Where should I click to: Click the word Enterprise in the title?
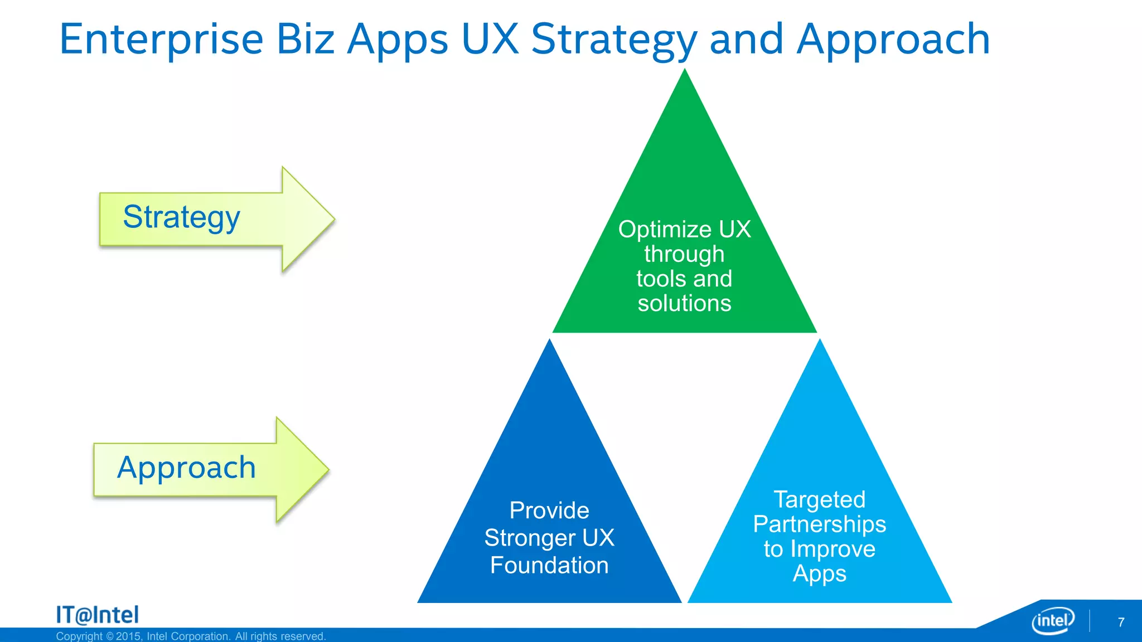coord(161,40)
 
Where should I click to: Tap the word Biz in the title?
coord(305,40)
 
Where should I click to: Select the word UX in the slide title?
coord(490,40)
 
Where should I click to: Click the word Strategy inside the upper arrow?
coord(181,217)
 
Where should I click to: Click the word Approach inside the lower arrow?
coord(186,468)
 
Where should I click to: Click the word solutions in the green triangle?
coord(684,304)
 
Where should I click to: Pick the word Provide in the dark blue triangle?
coord(549,510)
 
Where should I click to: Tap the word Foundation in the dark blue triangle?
coord(549,565)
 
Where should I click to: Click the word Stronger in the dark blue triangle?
coord(529,538)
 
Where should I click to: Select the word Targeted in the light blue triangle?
coord(819,500)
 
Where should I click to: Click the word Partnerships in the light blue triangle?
coord(819,524)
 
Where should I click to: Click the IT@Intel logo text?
coord(98,615)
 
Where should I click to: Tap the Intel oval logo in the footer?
coord(1052,620)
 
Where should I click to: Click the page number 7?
coord(1121,622)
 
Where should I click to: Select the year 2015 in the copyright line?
coord(128,636)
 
